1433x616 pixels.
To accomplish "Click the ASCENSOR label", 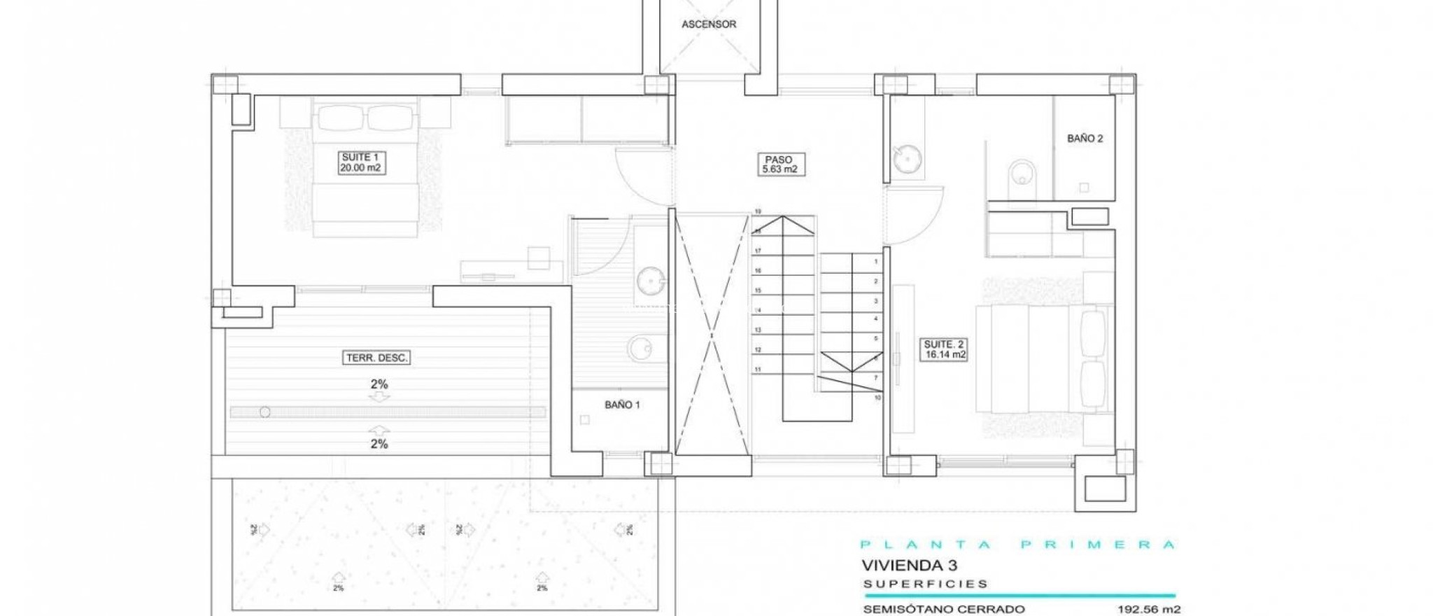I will click(709, 24).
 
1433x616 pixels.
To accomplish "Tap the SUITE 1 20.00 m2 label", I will click(360, 162).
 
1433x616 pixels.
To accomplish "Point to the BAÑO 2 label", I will click(1085, 139).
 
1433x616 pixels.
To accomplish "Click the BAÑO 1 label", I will click(622, 405).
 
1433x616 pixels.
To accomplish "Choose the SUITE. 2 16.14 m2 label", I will click(944, 349).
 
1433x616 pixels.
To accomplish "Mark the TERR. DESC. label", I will click(377, 358).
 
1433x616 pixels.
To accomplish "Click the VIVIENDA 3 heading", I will click(909, 565).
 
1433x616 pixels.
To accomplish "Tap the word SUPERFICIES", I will click(925, 584).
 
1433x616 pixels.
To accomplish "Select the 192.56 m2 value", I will click(1148, 609).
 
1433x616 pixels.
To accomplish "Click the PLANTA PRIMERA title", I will click(1017, 545).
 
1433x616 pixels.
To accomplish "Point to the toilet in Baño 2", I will click(1022, 172).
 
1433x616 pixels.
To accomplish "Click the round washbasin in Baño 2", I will click(906, 159).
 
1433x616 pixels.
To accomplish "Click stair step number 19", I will click(758, 211).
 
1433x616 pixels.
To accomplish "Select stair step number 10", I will click(877, 398).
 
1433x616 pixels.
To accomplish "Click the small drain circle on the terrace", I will click(265, 412).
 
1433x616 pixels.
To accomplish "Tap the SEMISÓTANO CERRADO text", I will click(944, 609).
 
